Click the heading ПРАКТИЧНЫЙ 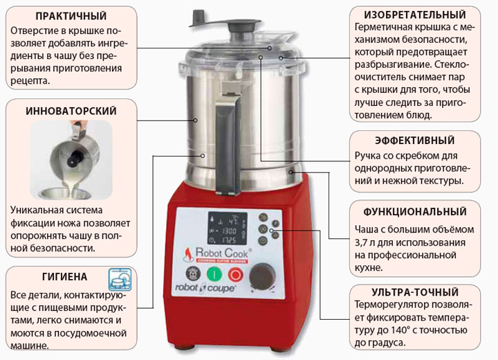click(71, 16)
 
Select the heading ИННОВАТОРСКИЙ click(71, 111)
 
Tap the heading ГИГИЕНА click(65, 277)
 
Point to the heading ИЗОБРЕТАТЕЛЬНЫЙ click(415, 15)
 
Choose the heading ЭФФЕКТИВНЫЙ click(415, 141)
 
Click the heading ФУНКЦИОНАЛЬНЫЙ click(415, 212)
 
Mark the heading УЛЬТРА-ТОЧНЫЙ click(415, 292)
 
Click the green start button click(214, 274)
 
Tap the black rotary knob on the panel click(262, 276)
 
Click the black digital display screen click(228, 228)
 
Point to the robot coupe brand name click(205, 288)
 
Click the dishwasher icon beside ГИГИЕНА click(120, 279)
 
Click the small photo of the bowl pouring click(71, 160)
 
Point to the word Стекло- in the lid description click(451, 64)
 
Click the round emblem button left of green click(193, 274)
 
